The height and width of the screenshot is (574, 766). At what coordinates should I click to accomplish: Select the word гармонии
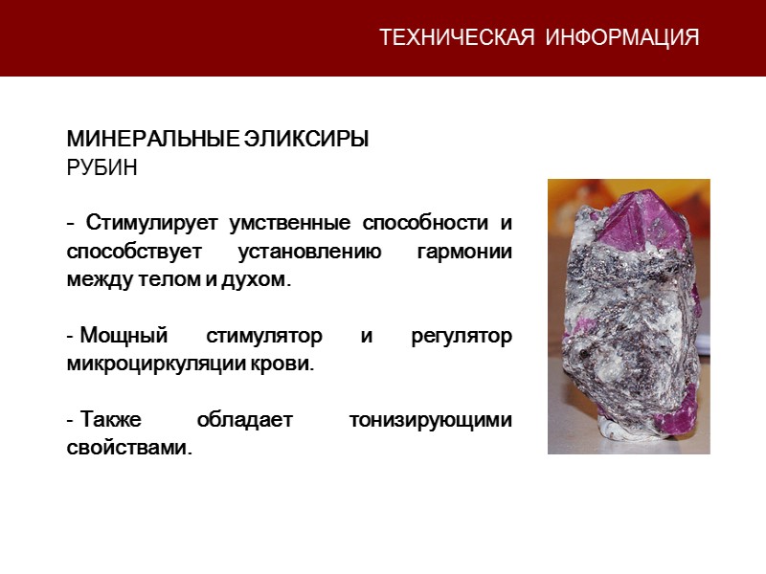[x=464, y=253]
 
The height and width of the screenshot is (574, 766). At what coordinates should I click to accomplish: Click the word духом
[x=259, y=281]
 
